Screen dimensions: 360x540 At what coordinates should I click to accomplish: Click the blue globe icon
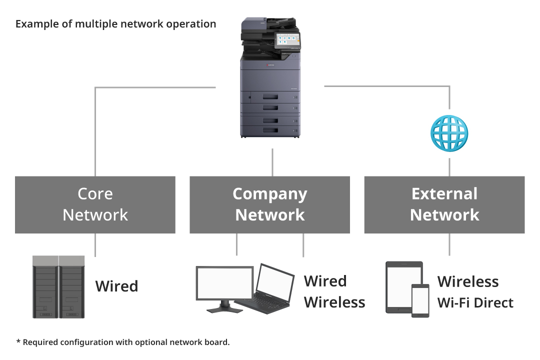(449, 133)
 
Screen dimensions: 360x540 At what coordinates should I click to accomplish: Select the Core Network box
(95, 204)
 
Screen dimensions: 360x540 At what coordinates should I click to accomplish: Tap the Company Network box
(269, 204)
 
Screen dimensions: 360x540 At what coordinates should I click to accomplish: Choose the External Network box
(444, 204)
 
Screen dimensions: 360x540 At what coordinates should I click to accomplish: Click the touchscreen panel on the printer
(287, 39)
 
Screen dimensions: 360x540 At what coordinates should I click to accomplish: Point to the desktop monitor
(224, 283)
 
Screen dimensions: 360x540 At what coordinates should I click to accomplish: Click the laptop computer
(270, 287)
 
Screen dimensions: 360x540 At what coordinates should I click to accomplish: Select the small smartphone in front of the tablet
(420, 300)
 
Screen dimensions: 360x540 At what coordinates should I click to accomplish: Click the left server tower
(45, 287)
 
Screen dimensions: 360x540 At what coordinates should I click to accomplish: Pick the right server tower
(72, 287)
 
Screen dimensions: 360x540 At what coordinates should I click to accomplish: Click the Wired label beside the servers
(116, 286)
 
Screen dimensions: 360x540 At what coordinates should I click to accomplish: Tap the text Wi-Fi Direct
(475, 303)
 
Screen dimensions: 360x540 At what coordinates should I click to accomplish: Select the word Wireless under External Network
(468, 281)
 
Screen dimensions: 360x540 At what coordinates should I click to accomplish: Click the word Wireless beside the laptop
(334, 302)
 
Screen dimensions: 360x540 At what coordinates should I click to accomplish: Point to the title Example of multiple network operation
(115, 24)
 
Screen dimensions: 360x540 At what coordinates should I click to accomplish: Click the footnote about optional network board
(122, 342)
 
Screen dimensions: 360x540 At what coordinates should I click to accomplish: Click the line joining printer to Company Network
(272, 162)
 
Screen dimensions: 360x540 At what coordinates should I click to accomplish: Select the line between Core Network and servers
(95, 244)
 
